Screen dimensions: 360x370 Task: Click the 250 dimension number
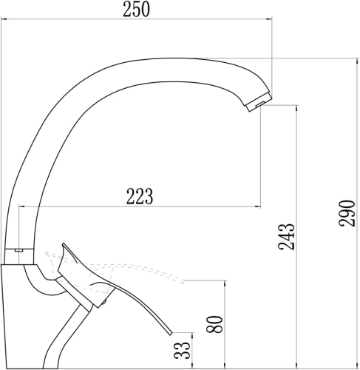(x=136, y=10)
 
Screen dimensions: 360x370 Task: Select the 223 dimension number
(x=140, y=196)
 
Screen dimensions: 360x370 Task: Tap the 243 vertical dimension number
(x=286, y=237)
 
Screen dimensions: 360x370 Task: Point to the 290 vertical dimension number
(x=347, y=213)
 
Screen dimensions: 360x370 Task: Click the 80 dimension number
(x=215, y=324)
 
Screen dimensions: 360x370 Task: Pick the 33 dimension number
(x=183, y=350)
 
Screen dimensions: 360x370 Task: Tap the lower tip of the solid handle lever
(x=171, y=333)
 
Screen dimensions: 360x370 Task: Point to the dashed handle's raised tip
(x=184, y=282)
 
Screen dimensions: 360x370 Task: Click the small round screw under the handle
(x=104, y=301)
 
